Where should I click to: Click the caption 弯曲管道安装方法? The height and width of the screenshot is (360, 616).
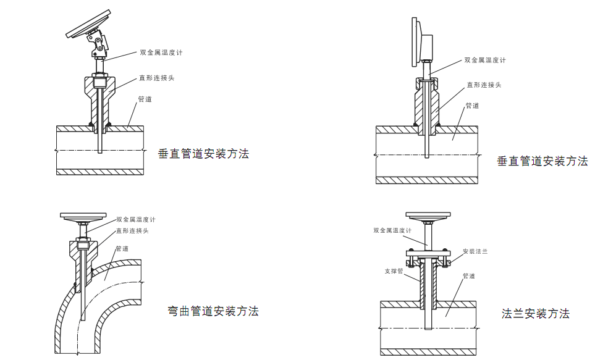pos(213,311)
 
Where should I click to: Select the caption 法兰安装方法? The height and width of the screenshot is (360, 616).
pos(535,314)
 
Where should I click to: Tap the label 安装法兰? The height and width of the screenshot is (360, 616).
pos(475,251)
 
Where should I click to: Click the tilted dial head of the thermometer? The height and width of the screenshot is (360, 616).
pos(89,25)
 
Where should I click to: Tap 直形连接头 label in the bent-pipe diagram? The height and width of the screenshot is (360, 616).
pos(132,230)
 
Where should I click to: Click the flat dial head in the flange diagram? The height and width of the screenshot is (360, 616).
pos(426,216)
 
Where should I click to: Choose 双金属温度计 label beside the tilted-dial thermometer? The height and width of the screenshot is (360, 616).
pos(161,52)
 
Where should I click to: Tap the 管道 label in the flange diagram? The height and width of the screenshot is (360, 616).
pos(469,276)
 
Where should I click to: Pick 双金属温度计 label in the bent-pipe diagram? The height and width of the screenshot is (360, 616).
pos(136,219)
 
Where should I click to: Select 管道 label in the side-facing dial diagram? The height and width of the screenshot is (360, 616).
pos(472,106)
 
